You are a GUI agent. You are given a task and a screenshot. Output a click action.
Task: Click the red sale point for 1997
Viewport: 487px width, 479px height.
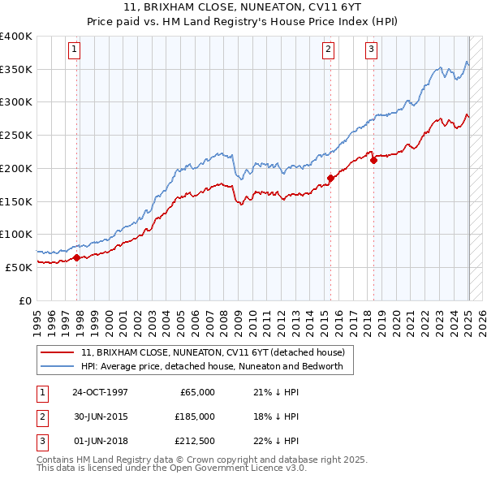click(77, 257)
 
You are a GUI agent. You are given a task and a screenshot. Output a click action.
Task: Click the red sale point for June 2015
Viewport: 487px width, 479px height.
click(330, 178)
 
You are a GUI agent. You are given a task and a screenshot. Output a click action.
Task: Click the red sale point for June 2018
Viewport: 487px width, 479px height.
click(373, 160)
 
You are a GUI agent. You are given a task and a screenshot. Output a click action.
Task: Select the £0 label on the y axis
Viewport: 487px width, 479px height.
click(24, 300)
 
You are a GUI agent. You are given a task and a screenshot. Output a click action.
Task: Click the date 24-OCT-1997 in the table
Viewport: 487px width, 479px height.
click(100, 392)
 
